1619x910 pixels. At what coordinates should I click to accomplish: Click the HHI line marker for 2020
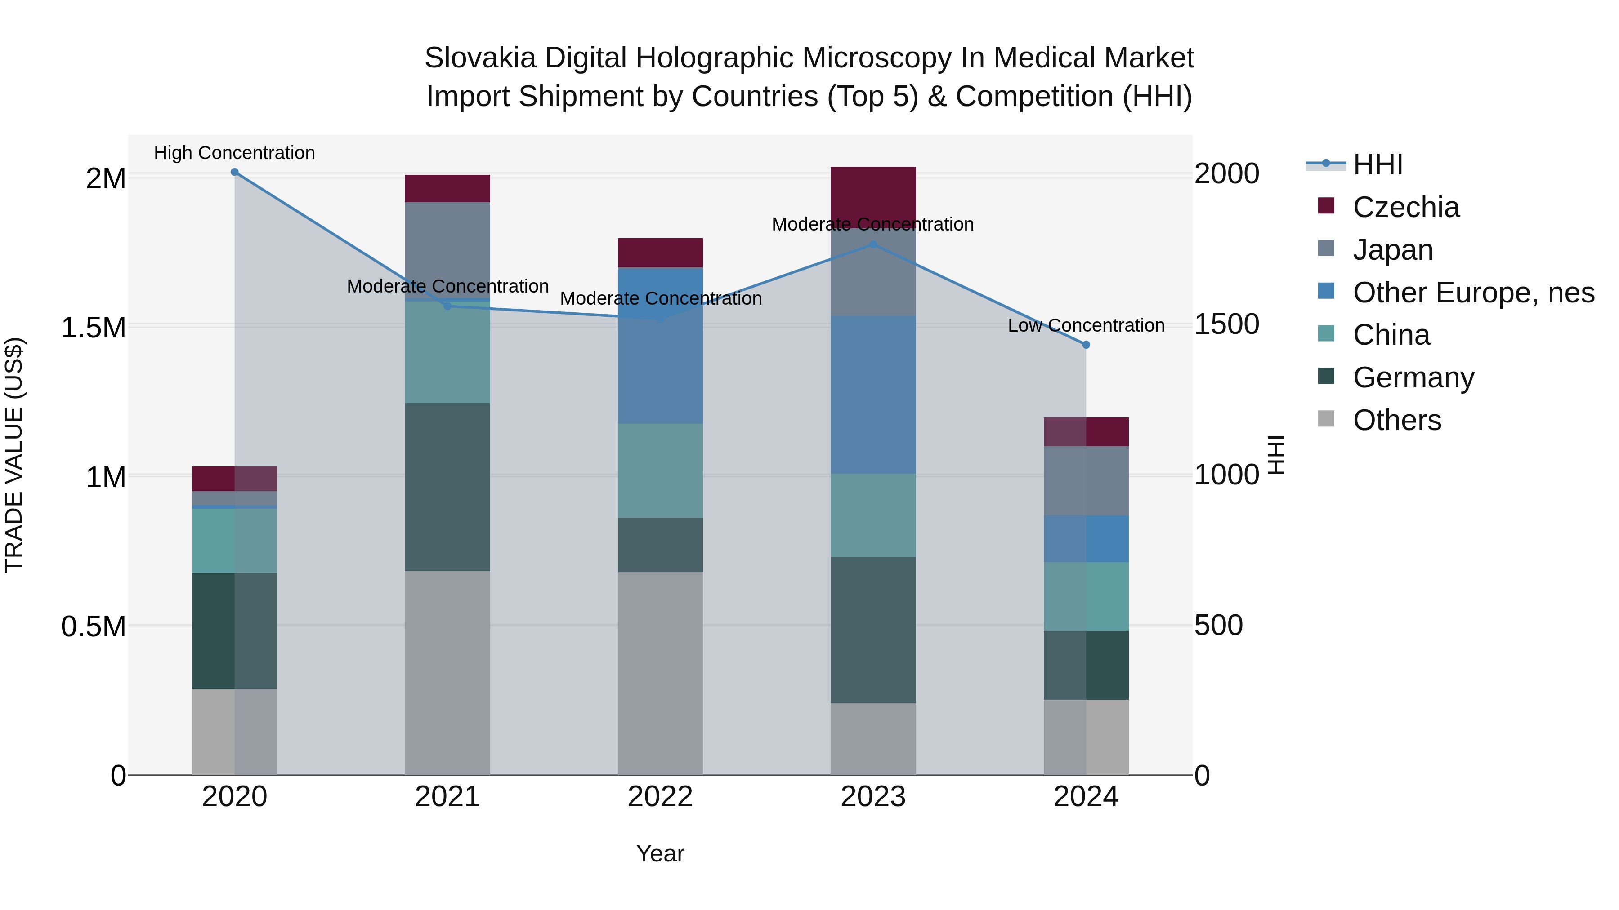[x=234, y=172]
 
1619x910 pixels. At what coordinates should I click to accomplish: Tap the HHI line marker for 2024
[x=1086, y=345]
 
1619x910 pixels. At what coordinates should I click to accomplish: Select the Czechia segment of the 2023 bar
[x=873, y=191]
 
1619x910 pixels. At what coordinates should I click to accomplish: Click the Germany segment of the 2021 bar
[x=447, y=487]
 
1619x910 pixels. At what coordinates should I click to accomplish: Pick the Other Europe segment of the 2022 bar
[x=660, y=346]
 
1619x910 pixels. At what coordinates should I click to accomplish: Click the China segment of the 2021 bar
[x=447, y=352]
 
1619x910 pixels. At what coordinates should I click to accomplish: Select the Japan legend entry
[x=1393, y=250]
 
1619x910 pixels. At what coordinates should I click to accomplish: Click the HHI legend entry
[x=1377, y=164]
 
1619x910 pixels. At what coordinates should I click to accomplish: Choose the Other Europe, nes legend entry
[x=1473, y=293]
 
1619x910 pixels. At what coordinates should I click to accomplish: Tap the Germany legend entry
[x=1413, y=377]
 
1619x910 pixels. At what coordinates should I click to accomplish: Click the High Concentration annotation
[x=234, y=153]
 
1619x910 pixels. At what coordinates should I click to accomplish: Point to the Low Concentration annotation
[x=1086, y=325]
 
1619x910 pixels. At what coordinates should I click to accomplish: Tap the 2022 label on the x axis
[x=660, y=797]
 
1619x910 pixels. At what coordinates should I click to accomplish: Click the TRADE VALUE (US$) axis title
[x=14, y=455]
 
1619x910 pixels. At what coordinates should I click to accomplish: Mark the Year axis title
[x=660, y=853]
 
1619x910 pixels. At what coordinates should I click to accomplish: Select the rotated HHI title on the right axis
[x=1276, y=455]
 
